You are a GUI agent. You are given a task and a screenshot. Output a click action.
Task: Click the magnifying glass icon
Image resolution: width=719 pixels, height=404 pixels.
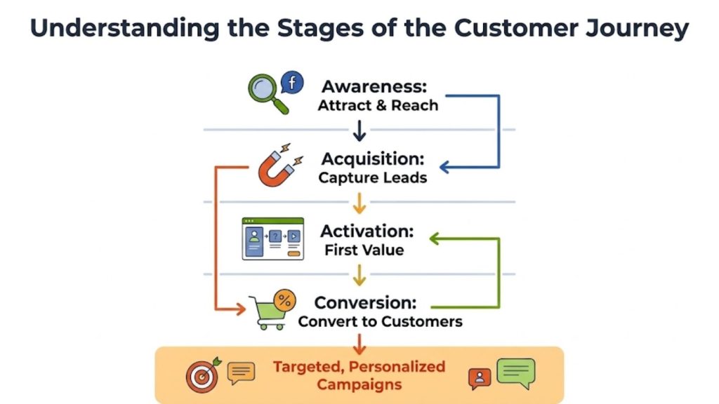coord(266,92)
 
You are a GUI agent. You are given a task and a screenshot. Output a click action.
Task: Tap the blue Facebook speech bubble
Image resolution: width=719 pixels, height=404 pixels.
coord(291,83)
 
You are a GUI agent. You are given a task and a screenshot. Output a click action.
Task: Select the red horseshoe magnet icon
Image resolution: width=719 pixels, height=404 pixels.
coord(278,166)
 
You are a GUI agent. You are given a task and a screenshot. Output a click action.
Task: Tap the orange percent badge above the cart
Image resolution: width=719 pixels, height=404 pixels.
coord(284,300)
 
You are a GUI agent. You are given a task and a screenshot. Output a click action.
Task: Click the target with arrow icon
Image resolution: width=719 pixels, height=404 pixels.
coord(202,375)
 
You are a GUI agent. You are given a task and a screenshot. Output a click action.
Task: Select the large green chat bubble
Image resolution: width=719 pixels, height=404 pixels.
coord(516,372)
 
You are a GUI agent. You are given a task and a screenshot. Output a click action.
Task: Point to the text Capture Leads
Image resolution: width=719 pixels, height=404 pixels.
coord(372,177)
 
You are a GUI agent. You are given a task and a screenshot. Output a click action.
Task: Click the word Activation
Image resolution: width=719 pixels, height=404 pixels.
coord(367,231)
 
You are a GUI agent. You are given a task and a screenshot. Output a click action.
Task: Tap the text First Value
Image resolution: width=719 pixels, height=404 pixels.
coord(364,250)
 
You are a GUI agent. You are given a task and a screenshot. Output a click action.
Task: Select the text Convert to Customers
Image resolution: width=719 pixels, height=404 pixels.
coord(380,322)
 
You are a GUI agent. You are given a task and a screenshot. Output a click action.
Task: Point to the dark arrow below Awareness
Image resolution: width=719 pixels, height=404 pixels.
coord(359,130)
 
